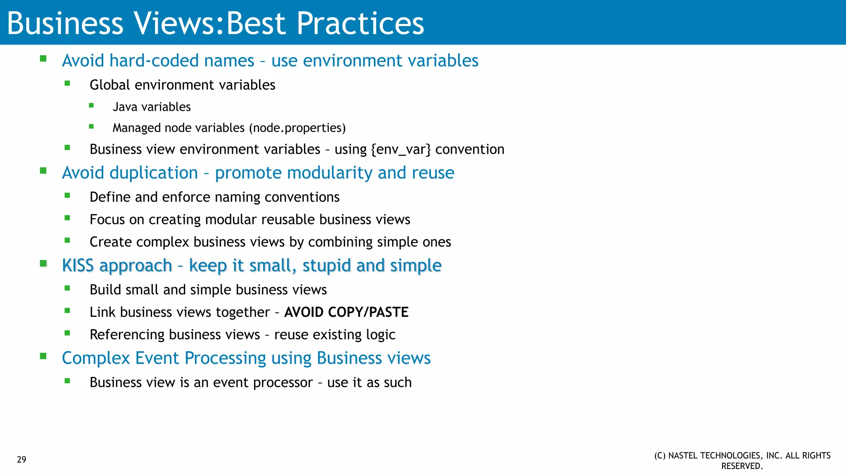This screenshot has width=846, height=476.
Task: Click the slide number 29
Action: (21, 459)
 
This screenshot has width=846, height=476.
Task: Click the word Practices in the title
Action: (360, 23)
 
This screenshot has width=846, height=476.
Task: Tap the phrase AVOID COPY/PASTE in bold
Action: (346, 312)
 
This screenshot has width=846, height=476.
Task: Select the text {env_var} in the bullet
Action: (401, 149)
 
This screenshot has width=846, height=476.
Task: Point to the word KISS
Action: (78, 265)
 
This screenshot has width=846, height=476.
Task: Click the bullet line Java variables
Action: (152, 107)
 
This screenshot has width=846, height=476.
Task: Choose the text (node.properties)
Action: (297, 128)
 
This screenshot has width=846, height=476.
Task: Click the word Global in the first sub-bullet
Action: (109, 85)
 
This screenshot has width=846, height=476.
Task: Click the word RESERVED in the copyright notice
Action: (741, 466)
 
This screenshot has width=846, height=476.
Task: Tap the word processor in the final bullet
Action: (283, 383)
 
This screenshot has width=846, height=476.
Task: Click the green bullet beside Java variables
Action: (91, 106)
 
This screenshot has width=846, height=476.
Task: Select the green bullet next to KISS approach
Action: (43, 263)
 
